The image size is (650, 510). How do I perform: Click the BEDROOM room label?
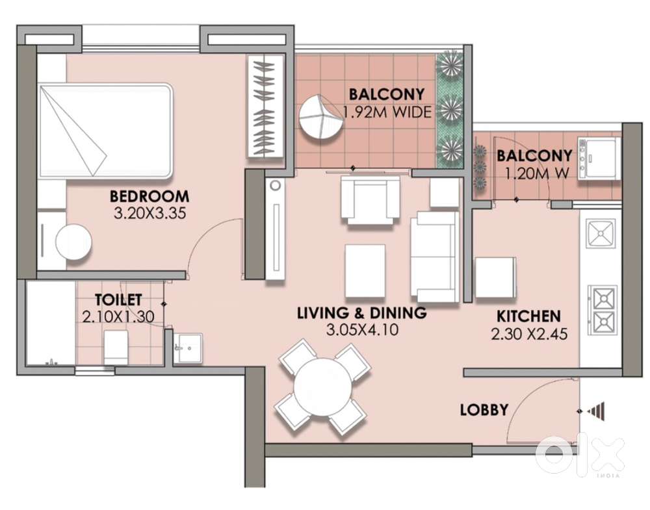point(149,196)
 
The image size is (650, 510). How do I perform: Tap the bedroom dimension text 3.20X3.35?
point(149,213)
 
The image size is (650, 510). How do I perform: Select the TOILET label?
point(118,300)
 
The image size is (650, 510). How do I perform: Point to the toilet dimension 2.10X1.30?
point(118,317)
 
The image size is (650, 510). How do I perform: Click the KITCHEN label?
point(528,316)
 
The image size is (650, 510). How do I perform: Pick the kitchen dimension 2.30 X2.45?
point(529,333)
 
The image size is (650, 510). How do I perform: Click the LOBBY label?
point(484,410)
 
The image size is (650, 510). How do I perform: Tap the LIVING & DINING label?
point(362,312)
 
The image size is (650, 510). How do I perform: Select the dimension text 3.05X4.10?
point(362,330)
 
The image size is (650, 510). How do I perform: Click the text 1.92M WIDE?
point(387,112)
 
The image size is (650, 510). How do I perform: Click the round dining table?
point(322,387)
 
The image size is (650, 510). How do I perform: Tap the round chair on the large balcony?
point(321,119)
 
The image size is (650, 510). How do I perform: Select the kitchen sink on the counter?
point(600,234)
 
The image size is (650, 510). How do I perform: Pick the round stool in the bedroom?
point(73,242)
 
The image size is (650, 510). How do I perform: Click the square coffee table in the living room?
point(365,271)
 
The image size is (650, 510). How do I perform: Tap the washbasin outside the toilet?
point(188,348)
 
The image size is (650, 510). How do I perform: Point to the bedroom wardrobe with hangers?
point(266,106)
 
